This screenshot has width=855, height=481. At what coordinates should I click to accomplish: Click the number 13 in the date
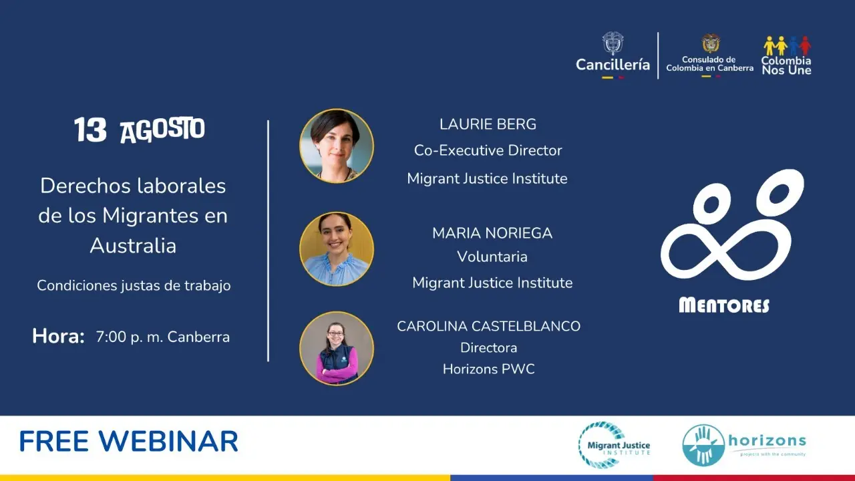tap(90, 130)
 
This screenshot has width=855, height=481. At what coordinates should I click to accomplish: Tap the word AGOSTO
tap(162, 130)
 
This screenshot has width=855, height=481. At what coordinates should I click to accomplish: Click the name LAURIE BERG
tap(488, 124)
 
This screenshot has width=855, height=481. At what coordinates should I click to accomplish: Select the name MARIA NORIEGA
tap(492, 233)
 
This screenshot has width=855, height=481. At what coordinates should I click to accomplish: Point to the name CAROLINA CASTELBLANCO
tap(488, 326)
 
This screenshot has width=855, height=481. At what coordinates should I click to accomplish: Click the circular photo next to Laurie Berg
tap(336, 146)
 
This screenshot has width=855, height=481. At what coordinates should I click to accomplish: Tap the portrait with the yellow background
tap(336, 249)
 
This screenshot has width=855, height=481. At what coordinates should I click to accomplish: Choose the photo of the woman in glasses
tap(336, 348)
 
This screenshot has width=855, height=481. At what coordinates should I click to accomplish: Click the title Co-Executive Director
tap(488, 150)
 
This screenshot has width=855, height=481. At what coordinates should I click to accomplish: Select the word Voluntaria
tap(492, 257)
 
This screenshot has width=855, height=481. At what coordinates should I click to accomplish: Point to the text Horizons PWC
tap(488, 369)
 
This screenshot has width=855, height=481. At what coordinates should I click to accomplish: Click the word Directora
tap(488, 347)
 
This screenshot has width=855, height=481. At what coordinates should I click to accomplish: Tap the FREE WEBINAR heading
tap(129, 442)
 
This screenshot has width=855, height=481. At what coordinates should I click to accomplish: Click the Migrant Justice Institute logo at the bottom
tap(614, 445)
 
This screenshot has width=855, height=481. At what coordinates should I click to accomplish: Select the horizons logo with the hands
tap(744, 445)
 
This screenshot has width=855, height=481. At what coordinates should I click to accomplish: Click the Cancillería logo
tap(613, 55)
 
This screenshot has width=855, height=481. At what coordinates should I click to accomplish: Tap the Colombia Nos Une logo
tap(787, 55)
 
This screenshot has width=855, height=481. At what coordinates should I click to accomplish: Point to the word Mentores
tap(724, 305)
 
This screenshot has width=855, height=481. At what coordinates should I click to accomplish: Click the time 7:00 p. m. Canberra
tap(162, 337)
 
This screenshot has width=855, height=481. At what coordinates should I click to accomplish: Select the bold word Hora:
tap(58, 336)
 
